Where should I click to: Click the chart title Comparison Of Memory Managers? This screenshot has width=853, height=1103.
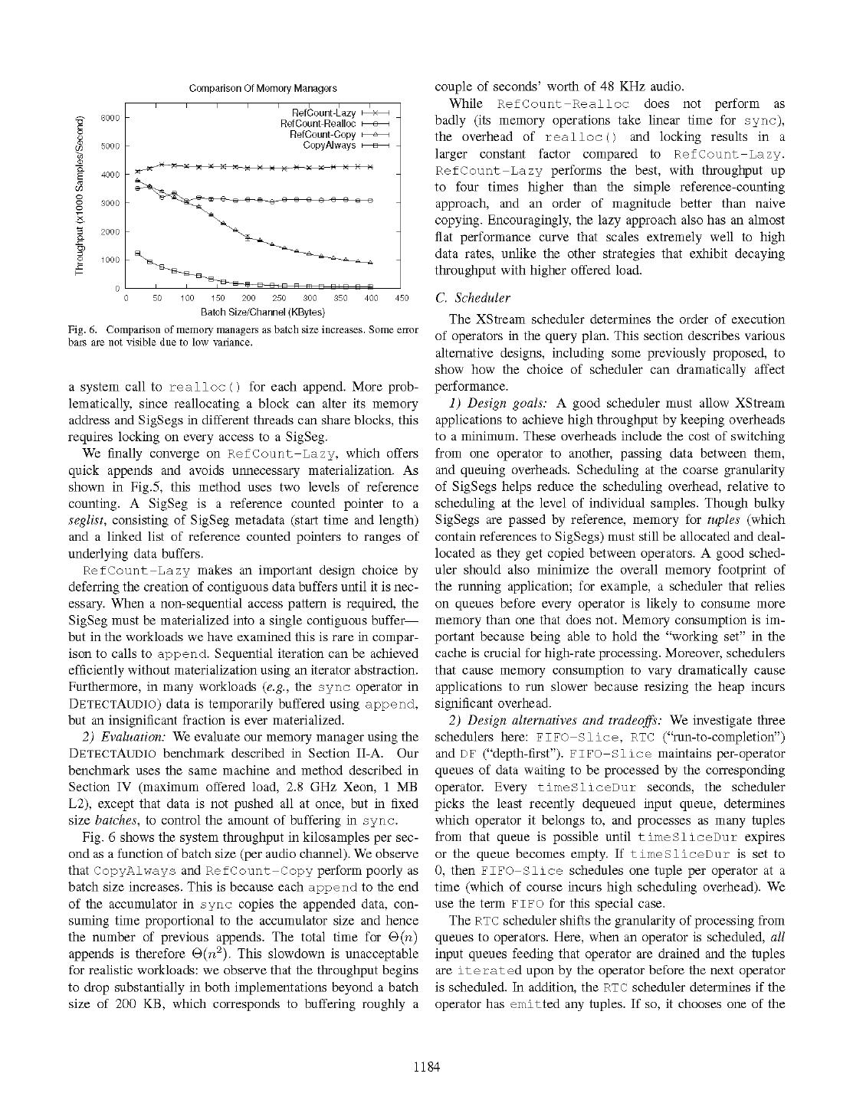pyautogui.click(x=263, y=89)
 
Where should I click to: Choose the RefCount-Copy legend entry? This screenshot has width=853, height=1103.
pyautogui.click(x=323, y=134)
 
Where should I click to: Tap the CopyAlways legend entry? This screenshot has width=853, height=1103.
pyautogui.click(x=330, y=145)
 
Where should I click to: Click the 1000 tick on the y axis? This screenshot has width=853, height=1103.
pyautogui.click(x=110, y=260)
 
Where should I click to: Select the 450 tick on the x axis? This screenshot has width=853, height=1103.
pyautogui.click(x=402, y=299)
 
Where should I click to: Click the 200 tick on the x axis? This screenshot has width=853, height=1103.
pyautogui.click(x=248, y=299)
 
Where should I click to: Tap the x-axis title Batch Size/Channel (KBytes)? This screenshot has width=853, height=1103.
pyautogui.click(x=263, y=312)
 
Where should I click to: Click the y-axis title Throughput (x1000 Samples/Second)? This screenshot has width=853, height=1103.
pyautogui.click(x=80, y=195)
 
